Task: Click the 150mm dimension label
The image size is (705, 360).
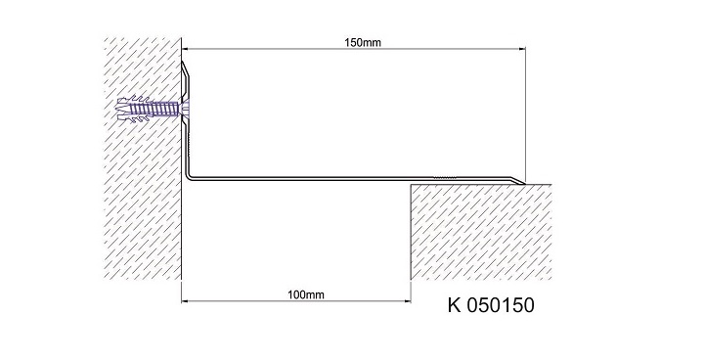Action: (363, 43)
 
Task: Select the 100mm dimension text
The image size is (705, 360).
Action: (306, 294)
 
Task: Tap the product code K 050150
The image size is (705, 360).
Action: (491, 304)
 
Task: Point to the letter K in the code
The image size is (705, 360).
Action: (454, 304)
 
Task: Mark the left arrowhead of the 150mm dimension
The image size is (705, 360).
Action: (185, 49)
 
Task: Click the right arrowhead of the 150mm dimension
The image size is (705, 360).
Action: (521, 49)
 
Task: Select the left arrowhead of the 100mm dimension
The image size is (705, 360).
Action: (185, 300)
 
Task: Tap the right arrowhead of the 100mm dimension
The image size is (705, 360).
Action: (407, 300)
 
